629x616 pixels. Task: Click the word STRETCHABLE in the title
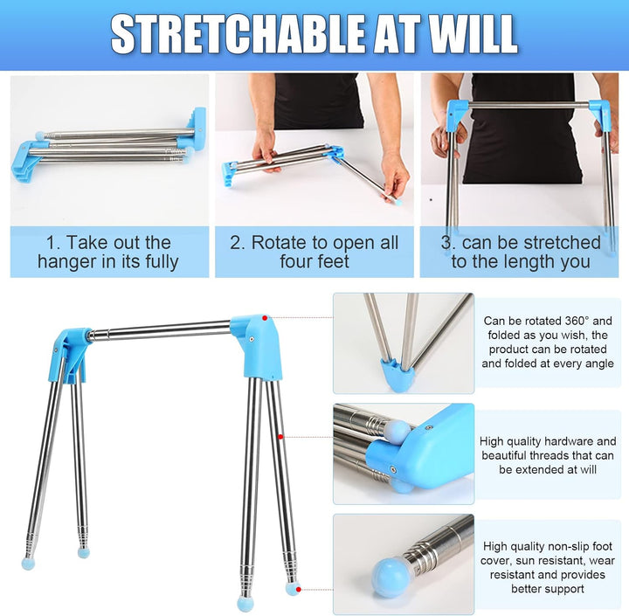tap(238, 33)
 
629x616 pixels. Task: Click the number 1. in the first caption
tap(52, 243)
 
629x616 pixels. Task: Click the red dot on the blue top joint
tap(265, 318)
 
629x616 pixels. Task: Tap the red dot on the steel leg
tap(280, 437)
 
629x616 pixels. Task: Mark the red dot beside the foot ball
tap(299, 589)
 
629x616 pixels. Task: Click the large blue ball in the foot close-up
tap(388, 576)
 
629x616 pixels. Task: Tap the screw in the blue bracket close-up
tap(393, 468)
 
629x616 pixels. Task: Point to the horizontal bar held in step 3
tap(528, 106)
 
